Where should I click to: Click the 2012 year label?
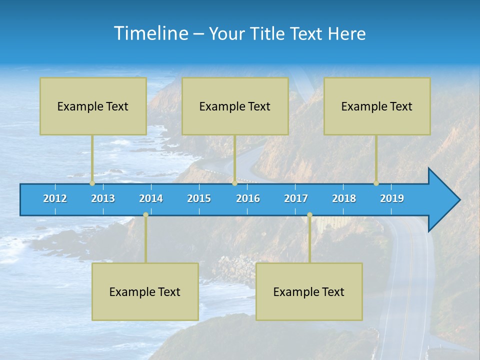coord(55,198)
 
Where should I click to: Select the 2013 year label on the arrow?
coord(103,198)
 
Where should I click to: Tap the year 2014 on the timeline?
coord(151,198)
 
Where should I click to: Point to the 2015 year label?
coord(199,198)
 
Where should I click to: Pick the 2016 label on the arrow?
coord(248,198)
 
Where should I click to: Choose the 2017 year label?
coord(296,198)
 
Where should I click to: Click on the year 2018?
coord(344,198)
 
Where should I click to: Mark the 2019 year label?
coord(392,198)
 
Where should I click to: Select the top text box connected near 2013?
coord(93,106)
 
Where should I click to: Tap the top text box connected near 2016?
coord(235,106)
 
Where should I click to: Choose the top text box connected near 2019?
coord(377,106)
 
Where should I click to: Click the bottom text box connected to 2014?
coord(145,291)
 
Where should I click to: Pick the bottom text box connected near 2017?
coord(309,291)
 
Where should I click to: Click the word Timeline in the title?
coord(150,33)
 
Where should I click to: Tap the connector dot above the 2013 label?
coord(92,183)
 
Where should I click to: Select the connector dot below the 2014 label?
coord(145,215)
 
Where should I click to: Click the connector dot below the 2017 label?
coord(309,215)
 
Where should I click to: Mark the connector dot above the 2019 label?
coord(376,183)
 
